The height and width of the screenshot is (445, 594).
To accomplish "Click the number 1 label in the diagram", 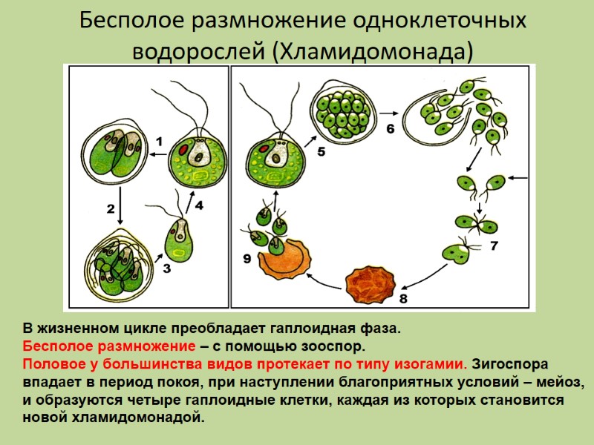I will (x=158, y=140).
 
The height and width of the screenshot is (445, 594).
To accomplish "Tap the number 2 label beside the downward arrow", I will (x=110, y=209).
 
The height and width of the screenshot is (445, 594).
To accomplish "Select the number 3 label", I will (x=166, y=270).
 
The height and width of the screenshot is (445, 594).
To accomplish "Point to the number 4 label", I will (x=199, y=205).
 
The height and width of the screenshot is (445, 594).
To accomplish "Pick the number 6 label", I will (x=391, y=128).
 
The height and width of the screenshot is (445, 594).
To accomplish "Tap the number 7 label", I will (x=494, y=245).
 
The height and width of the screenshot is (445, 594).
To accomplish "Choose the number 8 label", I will (x=403, y=299).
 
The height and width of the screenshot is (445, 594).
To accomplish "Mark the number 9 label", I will (x=247, y=259).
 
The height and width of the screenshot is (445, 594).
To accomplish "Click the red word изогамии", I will (x=432, y=364).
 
